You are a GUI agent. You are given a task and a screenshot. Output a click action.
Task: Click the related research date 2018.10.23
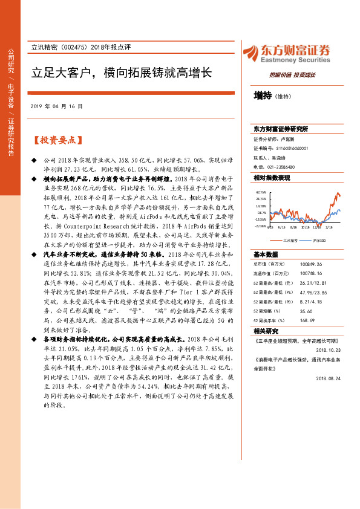click(328, 349)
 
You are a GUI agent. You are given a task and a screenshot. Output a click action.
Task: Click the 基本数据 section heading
click(266, 254)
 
